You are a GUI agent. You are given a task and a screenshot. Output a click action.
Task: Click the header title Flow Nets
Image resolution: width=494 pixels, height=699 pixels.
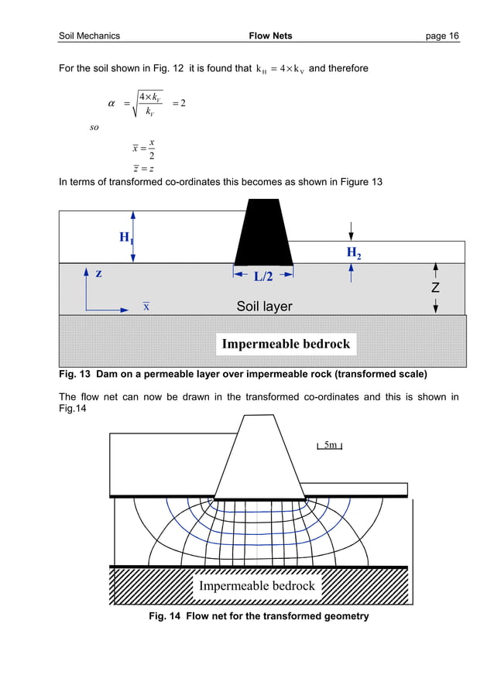point(270,36)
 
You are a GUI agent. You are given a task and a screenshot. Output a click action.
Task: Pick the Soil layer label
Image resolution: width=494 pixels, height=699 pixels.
point(264,307)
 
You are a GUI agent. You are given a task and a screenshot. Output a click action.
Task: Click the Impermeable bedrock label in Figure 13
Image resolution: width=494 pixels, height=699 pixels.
point(286,344)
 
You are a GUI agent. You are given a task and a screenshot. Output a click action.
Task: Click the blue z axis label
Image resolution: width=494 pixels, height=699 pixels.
point(98,274)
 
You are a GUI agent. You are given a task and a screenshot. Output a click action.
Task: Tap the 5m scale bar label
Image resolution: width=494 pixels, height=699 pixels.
point(330,445)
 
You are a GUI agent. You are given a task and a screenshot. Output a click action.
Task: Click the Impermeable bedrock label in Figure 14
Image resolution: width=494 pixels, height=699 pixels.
point(256,586)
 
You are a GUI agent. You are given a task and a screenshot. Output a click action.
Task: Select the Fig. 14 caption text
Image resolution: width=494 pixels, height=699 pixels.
point(259,616)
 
